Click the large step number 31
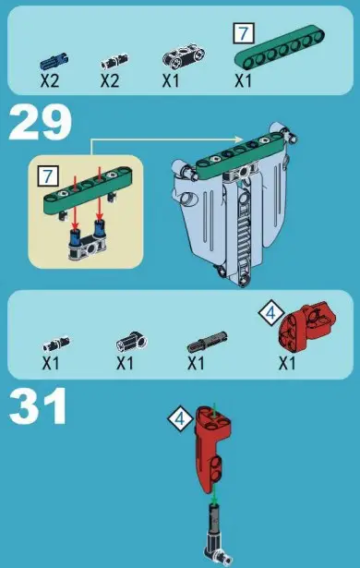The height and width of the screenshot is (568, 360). coord(38,406)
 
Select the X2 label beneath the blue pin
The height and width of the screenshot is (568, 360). coord(50,80)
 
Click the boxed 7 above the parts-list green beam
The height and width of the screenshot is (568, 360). coord(243,32)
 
